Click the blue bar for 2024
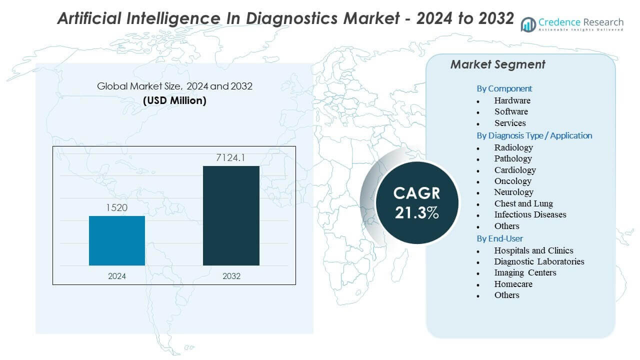click(117, 240)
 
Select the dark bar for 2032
click(231, 215)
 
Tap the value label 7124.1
click(231, 158)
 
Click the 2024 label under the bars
click(117, 276)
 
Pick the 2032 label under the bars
click(231, 276)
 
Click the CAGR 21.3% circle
click(416, 202)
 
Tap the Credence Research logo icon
click(528, 24)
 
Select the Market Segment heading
click(497, 64)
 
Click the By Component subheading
click(504, 88)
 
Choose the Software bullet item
click(511, 111)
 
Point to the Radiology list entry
click(513, 147)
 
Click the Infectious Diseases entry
click(530, 214)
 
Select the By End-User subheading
click(499, 238)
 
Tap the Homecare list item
click(513, 284)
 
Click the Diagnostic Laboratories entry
click(539, 261)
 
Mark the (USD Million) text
click(174, 100)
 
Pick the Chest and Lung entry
click(523, 203)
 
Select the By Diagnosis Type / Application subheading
click(534, 135)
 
